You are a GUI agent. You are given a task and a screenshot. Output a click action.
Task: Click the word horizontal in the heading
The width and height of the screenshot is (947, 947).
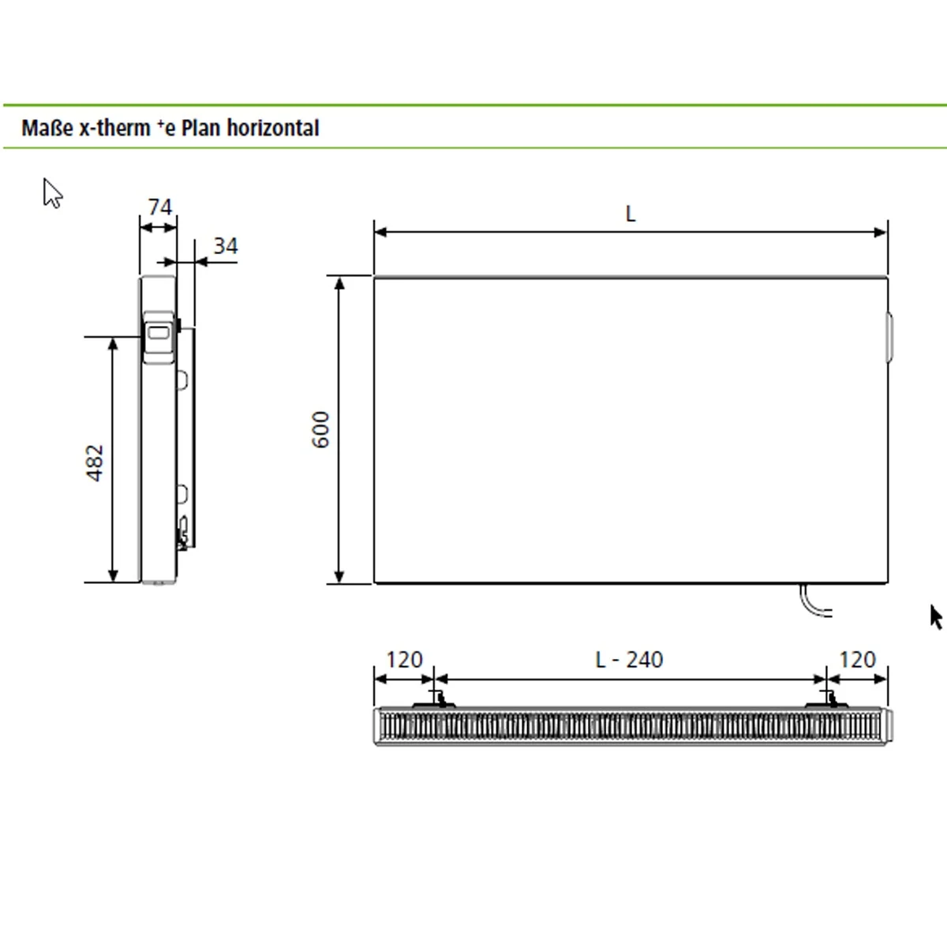click(x=272, y=128)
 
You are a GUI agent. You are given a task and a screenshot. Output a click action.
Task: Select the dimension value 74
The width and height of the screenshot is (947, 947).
click(x=159, y=208)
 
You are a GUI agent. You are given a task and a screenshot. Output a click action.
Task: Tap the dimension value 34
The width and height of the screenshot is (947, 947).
click(x=225, y=246)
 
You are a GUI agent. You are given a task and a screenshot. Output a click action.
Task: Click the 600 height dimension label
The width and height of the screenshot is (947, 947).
click(x=321, y=430)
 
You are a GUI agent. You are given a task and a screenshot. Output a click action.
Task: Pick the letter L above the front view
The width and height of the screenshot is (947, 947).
click(x=630, y=214)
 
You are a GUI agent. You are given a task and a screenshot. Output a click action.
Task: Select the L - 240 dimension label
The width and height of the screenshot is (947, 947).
click(x=629, y=660)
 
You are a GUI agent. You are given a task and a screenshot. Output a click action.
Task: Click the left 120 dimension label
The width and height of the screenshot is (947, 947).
click(x=404, y=660)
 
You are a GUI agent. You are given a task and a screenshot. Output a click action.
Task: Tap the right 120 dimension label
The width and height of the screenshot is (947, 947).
click(x=857, y=660)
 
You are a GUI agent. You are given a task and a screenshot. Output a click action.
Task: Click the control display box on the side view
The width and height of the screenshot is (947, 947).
click(x=159, y=336)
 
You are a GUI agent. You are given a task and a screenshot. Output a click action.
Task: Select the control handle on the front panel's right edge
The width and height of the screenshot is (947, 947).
click(x=889, y=336)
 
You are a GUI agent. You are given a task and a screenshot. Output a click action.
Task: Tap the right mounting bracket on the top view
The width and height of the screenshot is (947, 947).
click(x=826, y=699)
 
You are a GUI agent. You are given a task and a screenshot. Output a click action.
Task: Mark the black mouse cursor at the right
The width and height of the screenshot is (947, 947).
click(x=936, y=617)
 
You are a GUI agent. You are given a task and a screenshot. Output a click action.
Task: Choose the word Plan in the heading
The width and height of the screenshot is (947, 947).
click(x=201, y=128)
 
